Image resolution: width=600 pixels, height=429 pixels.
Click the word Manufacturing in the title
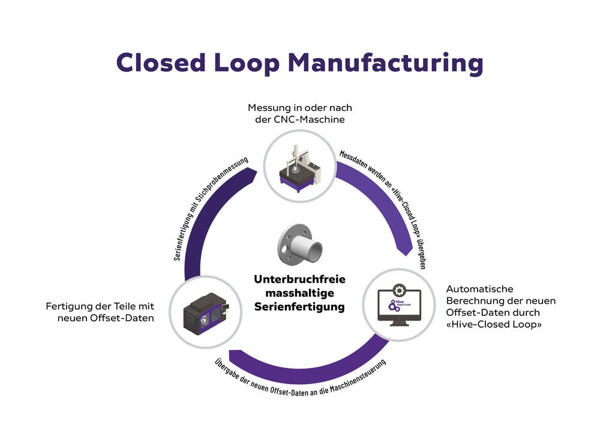pyautogui.click(x=397, y=62)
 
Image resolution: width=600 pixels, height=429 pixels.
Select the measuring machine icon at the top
pyautogui.click(x=299, y=165)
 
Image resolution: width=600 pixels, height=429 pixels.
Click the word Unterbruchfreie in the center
pyautogui.click(x=300, y=279)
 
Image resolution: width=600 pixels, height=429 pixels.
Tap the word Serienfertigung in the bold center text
pyautogui.click(x=300, y=307)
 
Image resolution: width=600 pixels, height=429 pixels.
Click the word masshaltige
pyautogui.click(x=300, y=293)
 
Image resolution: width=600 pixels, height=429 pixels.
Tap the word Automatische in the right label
pyautogui.click(x=480, y=289)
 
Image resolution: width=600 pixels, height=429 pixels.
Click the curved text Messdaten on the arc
pyautogui.click(x=355, y=156)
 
